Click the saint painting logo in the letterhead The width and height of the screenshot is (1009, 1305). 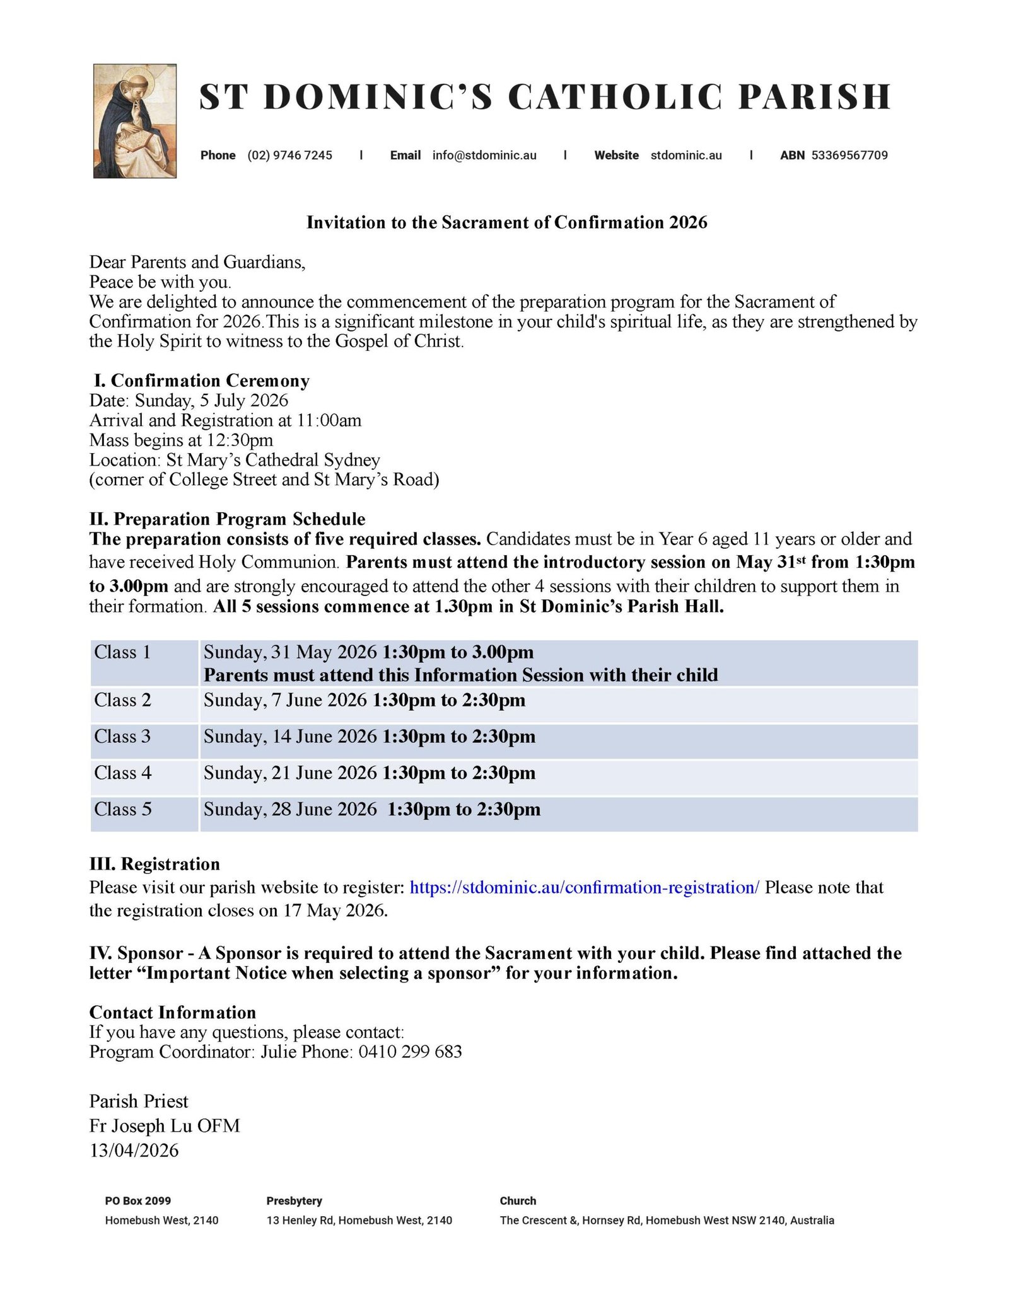134,121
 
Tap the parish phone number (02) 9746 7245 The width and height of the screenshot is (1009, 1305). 289,156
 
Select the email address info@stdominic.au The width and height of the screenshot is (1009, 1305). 484,156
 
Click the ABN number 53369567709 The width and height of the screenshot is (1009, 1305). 849,156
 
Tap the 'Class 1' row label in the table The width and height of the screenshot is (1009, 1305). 122,652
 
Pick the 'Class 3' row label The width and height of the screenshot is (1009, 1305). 122,737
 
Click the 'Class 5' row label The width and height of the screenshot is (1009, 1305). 122,809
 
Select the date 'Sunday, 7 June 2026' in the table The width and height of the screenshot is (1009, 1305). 285,700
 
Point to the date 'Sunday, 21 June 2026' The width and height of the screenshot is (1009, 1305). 290,773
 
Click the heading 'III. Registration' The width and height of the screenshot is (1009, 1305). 155,864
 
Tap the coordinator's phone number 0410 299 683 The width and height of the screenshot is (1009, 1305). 410,1052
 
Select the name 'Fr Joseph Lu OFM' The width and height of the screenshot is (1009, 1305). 165,1126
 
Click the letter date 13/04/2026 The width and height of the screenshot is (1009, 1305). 134,1151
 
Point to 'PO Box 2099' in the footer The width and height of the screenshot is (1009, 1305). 137,1201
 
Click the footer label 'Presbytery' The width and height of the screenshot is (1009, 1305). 294,1201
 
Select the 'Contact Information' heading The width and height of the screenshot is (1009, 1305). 173,1013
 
